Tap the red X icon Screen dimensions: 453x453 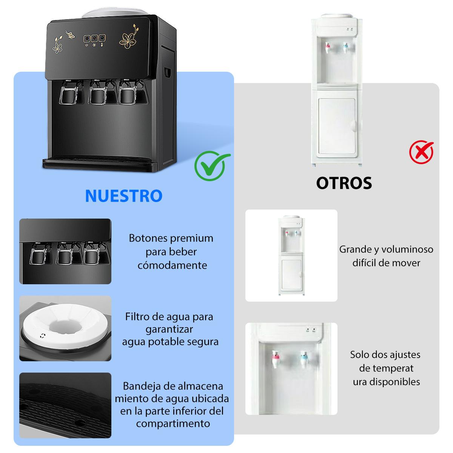(422, 152)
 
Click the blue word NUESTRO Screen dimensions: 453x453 (124, 196)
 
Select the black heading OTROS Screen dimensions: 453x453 (344, 183)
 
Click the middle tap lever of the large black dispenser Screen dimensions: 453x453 (97, 92)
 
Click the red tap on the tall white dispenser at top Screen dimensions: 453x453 (327, 48)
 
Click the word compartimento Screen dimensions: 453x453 (173, 424)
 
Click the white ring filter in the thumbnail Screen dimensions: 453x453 (65, 325)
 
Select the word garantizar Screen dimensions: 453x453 (169, 330)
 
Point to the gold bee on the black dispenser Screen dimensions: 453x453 (70, 34)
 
